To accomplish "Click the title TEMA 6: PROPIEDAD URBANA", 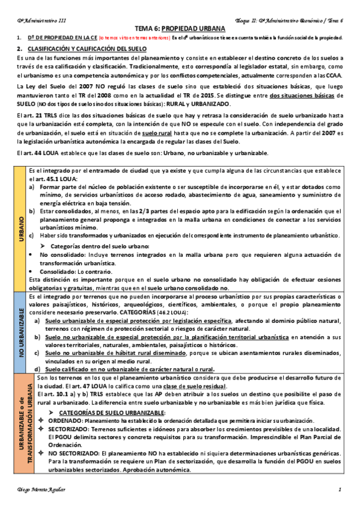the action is [180, 28].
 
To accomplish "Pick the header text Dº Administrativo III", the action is [41, 20].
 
